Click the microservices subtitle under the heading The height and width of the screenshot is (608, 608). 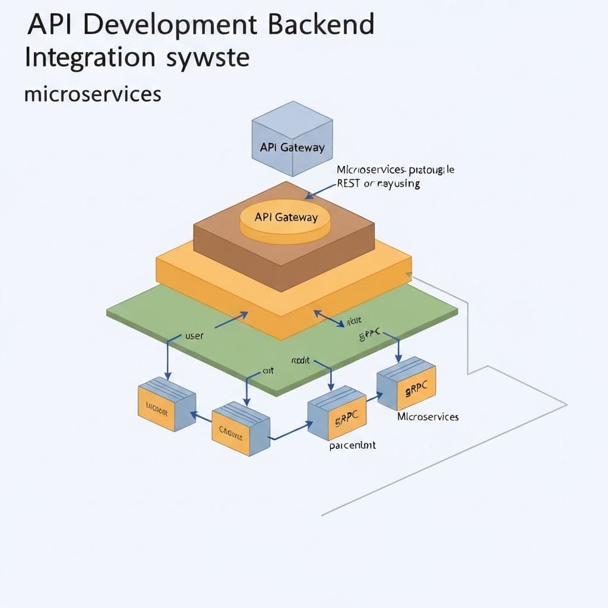click(x=93, y=94)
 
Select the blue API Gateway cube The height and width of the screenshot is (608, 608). click(x=292, y=140)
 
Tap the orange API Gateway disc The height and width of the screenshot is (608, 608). click(x=286, y=219)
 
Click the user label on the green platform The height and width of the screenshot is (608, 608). click(x=194, y=336)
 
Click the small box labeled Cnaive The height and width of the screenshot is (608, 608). click(x=240, y=428)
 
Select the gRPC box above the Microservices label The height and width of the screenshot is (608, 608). click(x=407, y=383)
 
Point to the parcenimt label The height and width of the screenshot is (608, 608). click(x=352, y=445)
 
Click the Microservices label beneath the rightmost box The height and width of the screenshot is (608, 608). click(x=427, y=417)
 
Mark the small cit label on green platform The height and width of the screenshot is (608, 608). click(x=268, y=371)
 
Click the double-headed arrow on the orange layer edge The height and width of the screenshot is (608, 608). click(x=329, y=318)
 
